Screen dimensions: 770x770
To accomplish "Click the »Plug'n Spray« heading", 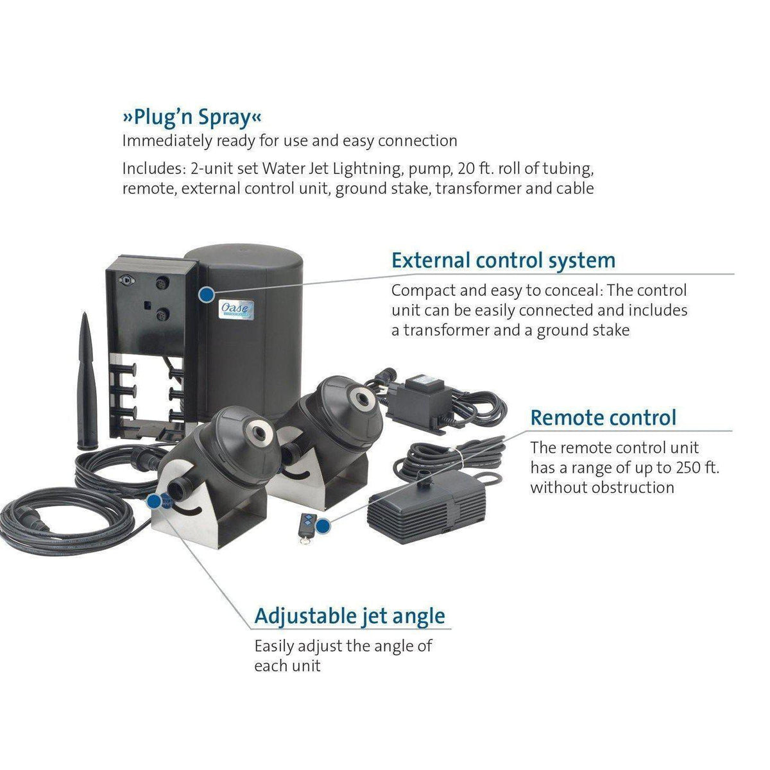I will coord(192,119).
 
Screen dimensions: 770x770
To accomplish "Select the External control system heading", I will coord(503,261).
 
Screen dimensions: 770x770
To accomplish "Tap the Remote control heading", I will coord(603,418).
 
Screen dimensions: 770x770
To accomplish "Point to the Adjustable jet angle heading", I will coord(350,616).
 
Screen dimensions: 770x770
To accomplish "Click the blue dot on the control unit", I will coord(206,295).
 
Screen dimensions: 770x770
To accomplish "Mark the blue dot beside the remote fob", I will coord(325,527).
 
